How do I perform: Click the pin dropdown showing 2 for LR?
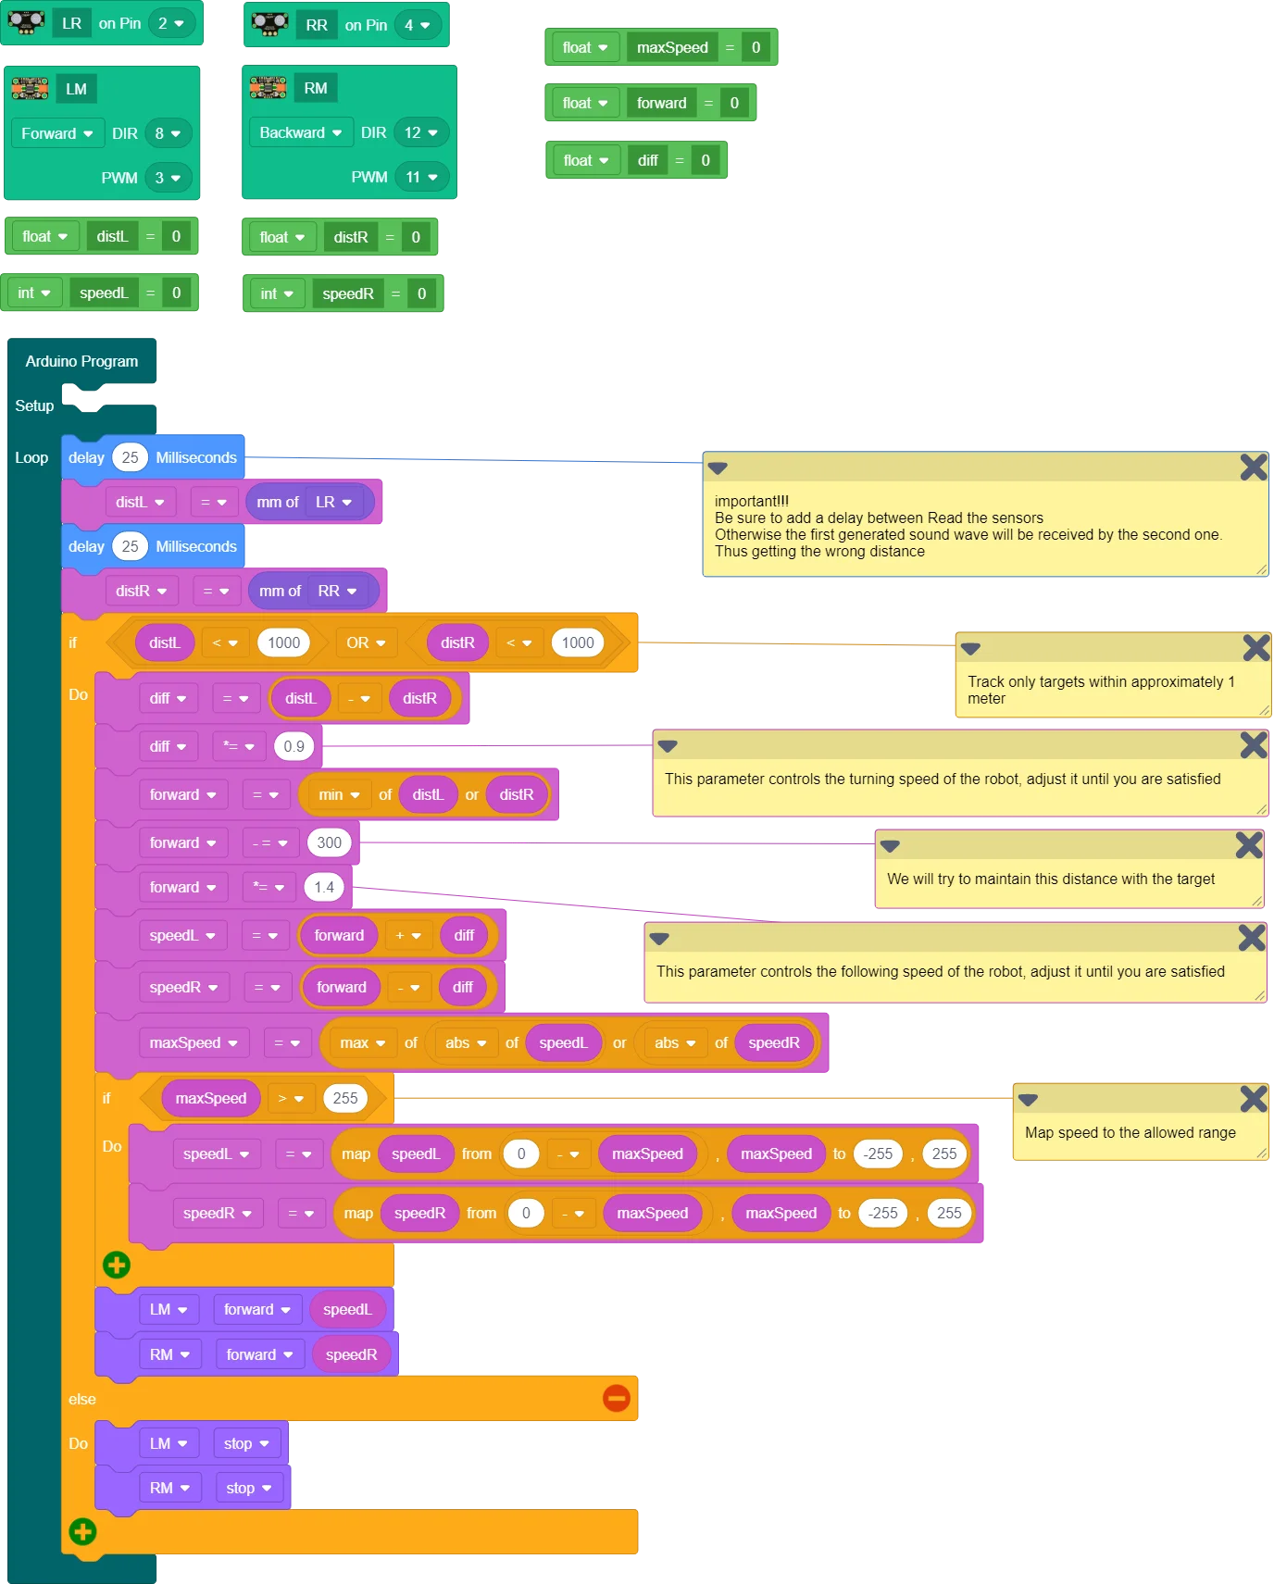[x=170, y=23]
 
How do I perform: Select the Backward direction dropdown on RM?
[x=300, y=132]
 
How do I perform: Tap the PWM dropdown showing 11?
[x=421, y=177]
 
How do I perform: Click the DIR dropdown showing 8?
[x=168, y=133]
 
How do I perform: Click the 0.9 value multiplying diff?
[x=294, y=746]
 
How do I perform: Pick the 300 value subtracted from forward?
[x=329, y=842]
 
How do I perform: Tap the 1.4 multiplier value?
[x=323, y=887]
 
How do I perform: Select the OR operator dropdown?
[x=366, y=642]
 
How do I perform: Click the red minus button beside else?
[x=616, y=1398]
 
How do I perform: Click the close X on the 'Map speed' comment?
[x=1253, y=1099]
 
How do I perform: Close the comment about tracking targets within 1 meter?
[x=1255, y=647]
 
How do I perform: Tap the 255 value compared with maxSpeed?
[x=344, y=1098]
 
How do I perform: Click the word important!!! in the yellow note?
[x=752, y=501]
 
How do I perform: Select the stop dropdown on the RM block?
[x=248, y=1488]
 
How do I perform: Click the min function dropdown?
[x=339, y=794]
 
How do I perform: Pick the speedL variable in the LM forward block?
[x=347, y=1309]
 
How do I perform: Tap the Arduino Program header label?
[x=81, y=361]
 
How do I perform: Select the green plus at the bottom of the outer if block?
[x=82, y=1531]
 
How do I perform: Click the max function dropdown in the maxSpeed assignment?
[x=362, y=1042]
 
